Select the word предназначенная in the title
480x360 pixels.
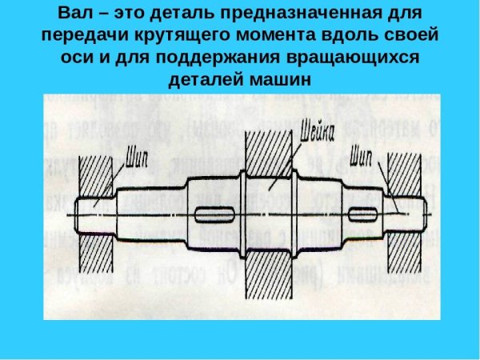coord(313,15)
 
